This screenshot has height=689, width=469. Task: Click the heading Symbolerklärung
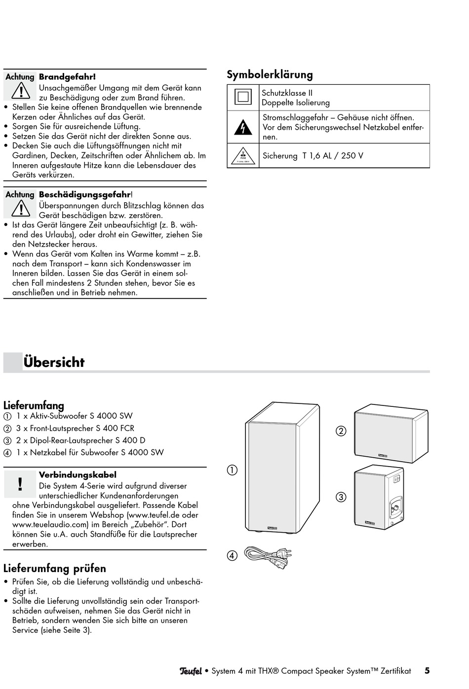(x=270, y=75)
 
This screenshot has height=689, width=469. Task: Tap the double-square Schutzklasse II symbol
(x=243, y=97)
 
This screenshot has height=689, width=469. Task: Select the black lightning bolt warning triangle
(x=243, y=128)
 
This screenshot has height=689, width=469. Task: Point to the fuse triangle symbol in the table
(x=243, y=156)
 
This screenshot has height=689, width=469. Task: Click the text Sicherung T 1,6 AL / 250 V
(x=313, y=156)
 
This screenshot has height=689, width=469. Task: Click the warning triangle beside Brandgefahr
(x=21, y=91)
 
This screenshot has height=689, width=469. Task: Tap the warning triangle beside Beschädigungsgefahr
(x=21, y=209)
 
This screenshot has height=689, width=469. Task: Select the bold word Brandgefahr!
(x=67, y=77)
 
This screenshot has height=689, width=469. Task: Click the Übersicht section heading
(x=54, y=363)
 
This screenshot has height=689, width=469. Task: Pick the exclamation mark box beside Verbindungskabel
(x=20, y=484)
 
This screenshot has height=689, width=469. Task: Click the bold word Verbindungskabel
(x=78, y=475)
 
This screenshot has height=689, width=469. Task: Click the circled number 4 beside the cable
(x=232, y=556)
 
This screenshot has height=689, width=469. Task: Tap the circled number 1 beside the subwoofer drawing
(x=232, y=470)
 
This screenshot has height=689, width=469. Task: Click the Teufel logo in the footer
(x=191, y=671)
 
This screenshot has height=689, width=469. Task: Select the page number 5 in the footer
(x=427, y=671)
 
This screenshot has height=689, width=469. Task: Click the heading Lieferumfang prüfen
(x=54, y=568)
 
